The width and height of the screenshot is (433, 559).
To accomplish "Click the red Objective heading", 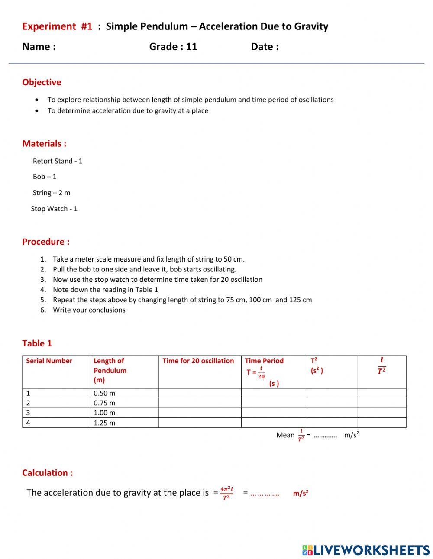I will pyautogui.click(x=42, y=82).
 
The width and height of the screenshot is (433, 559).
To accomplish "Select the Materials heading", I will pyautogui.click(x=44, y=144).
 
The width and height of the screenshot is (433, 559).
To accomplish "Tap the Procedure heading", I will pyautogui.click(x=45, y=242).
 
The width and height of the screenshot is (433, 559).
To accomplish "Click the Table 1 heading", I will pyautogui.click(x=37, y=343).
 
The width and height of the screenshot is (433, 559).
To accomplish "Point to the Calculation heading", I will pyautogui.click(x=47, y=473).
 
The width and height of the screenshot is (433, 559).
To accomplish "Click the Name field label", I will pyautogui.click(x=39, y=47).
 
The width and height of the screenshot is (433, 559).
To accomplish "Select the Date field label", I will pyautogui.click(x=265, y=47).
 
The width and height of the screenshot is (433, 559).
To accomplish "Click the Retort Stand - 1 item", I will pyautogui.click(x=58, y=161).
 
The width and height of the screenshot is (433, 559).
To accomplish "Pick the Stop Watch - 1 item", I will pyautogui.click(x=54, y=209).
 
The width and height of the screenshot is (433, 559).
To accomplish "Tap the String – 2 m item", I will pyautogui.click(x=51, y=193).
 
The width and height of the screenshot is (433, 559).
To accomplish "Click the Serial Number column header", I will pyautogui.click(x=49, y=361).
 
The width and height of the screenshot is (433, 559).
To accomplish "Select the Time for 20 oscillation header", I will pyautogui.click(x=198, y=361).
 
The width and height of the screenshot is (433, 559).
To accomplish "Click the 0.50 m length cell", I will pyautogui.click(x=104, y=393).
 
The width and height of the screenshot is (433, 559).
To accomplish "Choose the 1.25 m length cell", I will pyautogui.click(x=104, y=423).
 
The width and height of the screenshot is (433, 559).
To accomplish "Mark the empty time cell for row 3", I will pyautogui.click(x=200, y=413).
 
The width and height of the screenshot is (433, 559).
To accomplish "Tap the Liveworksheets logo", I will pyautogui.click(x=365, y=550).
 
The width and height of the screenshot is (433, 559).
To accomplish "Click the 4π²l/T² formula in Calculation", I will pyautogui.click(x=226, y=493).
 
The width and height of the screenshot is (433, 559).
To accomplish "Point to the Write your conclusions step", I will pyautogui.click(x=89, y=310).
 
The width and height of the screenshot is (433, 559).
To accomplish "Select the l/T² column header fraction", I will pyautogui.click(x=381, y=365).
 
